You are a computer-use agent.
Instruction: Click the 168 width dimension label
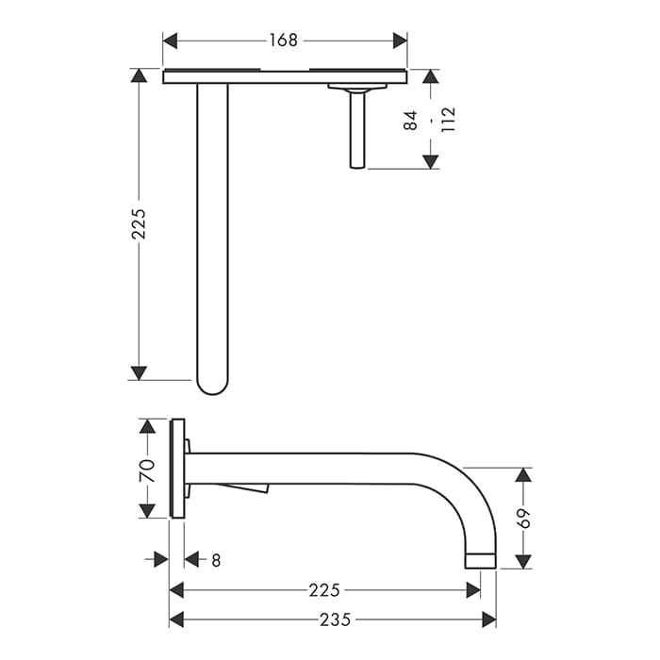(x=283, y=41)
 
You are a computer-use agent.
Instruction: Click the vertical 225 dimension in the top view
(x=139, y=224)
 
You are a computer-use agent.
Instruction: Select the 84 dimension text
(x=410, y=121)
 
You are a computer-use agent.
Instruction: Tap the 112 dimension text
(x=448, y=120)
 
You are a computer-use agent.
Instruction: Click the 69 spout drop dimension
(x=523, y=519)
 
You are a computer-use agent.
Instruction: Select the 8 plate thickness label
(x=216, y=560)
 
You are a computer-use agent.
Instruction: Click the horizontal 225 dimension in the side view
(x=324, y=590)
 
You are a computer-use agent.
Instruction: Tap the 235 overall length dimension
(x=335, y=619)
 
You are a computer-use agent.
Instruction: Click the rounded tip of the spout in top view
(x=212, y=389)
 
